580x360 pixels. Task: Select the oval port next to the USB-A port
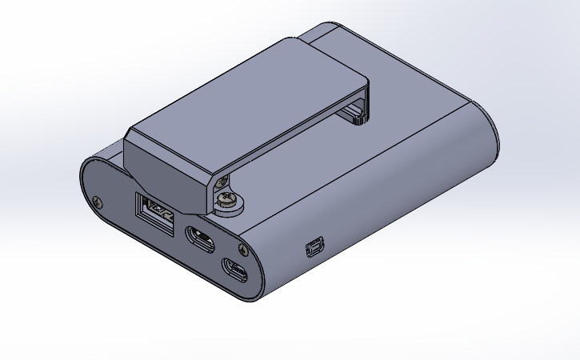point(198,238)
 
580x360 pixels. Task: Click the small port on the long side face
point(313,248)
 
